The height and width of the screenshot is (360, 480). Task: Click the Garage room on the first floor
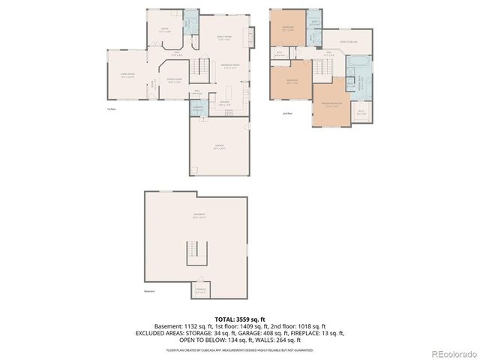(220, 147)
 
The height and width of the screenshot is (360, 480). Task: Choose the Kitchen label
(223, 103)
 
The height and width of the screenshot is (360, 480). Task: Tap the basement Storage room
(201, 289)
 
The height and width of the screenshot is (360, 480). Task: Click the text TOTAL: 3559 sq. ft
(239, 319)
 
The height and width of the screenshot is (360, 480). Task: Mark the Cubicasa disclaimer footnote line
(239, 349)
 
